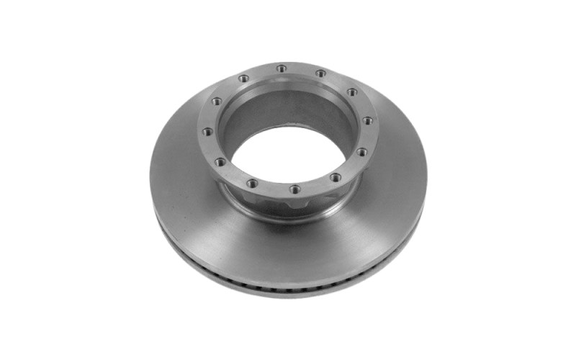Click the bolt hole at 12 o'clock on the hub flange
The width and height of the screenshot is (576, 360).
(279, 68)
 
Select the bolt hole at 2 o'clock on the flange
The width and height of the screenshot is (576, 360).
(352, 91)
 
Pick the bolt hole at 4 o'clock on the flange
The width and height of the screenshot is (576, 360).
(361, 151)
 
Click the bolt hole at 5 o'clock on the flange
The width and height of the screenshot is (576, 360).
(335, 176)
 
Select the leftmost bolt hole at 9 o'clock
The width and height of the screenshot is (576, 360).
(207, 131)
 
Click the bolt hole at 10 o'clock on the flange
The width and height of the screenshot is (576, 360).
(215, 102)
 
